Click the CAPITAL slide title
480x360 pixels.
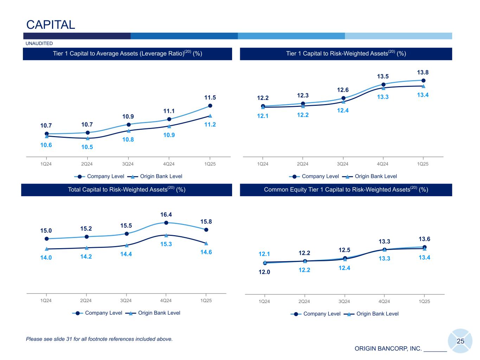pos(51,25)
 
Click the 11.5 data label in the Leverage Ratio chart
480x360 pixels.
pos(210,97)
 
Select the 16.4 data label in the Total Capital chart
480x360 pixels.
pos(166,214)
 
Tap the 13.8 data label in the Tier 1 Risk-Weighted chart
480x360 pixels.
pos(423,72)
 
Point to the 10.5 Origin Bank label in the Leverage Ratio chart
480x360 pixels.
pos(87,147)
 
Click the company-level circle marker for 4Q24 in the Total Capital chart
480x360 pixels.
pos(166,223)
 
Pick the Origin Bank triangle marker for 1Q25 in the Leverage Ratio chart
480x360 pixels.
pos(210,116)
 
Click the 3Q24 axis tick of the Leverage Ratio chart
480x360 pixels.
pos(128,164)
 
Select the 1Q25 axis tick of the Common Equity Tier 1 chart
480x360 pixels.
pos(424,302)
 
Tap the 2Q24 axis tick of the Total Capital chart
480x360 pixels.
pos(86,301)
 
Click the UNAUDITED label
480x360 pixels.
pos(39,44)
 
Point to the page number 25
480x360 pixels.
pos(460,341)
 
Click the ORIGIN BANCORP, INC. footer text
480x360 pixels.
pos(388,349)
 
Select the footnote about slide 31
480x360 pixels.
pos(100,339)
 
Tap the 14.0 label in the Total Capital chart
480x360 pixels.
pos(46,258)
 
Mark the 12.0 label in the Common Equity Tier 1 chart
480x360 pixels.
pos(264,272)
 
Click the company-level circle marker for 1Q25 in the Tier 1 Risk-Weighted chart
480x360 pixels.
pos(423,81)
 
